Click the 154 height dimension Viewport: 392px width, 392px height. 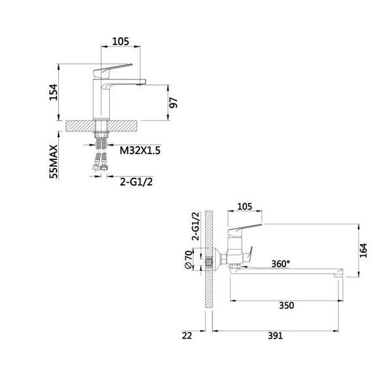54,92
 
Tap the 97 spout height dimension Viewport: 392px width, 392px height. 174,103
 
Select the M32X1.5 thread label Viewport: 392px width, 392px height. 140,150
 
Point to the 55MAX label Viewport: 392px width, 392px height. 54,161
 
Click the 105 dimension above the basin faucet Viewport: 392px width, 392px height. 120,42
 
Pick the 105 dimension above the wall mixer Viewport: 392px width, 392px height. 244,206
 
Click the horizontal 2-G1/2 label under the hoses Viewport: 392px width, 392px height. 137,182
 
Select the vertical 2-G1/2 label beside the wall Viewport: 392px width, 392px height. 195,226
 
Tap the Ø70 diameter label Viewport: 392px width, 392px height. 189,259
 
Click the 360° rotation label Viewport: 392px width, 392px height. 281,263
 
